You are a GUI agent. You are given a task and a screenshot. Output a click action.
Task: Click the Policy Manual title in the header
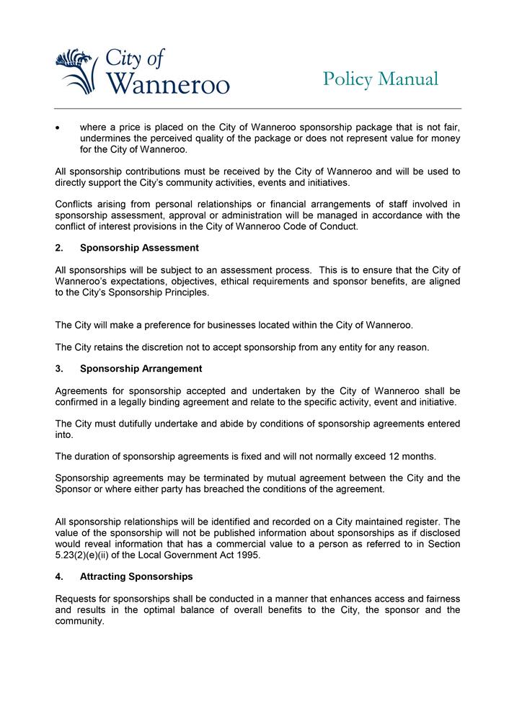(x=380, y=79)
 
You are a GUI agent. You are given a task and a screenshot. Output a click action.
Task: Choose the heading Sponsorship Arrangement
(x=141, y=369)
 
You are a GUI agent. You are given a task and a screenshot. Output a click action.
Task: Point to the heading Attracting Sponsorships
(x=136, y=577)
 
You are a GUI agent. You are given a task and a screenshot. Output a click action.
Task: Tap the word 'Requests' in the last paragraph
(x=77, y=599)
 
